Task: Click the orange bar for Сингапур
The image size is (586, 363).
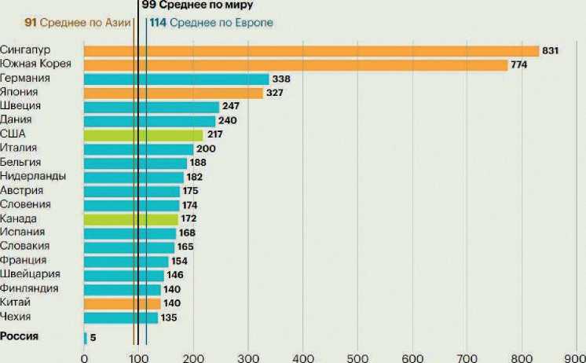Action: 311,51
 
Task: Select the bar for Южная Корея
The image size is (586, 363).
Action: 295,65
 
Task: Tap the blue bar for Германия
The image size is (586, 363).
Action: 176,79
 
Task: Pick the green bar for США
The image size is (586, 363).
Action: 143,135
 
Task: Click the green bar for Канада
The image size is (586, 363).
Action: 131,218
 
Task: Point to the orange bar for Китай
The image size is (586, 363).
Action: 123,303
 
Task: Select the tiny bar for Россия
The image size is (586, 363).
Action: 86,338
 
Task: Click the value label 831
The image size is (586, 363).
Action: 550,51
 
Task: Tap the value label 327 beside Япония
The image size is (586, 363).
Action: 274,93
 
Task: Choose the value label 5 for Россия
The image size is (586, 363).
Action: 93,338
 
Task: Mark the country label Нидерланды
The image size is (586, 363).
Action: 33,176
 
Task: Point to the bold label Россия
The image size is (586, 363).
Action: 20,337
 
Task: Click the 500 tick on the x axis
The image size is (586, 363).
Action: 357,356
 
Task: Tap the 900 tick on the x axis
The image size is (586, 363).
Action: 576,356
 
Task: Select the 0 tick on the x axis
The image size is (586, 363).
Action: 84,356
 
